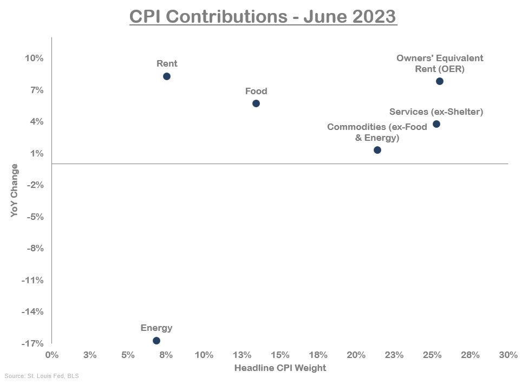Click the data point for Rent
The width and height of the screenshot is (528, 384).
click(167, 76)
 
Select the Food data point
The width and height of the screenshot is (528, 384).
click(256, 103)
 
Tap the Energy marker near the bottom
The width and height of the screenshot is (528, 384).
click(157, 341)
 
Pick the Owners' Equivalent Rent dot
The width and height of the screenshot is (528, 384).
click(440, 81)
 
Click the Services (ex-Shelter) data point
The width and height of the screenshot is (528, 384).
click(436, 124)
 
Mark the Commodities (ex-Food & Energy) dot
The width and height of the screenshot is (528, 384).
click(377, 150)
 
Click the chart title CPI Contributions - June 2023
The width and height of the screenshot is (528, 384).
click(263, 17)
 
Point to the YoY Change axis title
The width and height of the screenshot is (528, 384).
click(15, 191)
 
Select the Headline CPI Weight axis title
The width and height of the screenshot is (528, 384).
click(280, 368)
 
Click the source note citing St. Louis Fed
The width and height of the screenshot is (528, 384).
click(38, 376)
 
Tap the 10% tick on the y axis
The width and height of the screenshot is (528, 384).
click(34, 58)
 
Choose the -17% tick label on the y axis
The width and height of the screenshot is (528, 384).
click(32, 343)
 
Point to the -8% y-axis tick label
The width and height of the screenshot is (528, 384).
click(34, 249)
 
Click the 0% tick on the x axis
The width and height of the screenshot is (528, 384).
click(52, 355)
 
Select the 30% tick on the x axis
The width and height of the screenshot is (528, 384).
click(508, 355)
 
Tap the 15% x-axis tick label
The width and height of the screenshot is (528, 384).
click(280, 355)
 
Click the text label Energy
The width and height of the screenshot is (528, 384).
click(157, 328)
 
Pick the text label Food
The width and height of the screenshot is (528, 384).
click(256, 91)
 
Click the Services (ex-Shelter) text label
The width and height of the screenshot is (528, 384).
click(436, 112)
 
